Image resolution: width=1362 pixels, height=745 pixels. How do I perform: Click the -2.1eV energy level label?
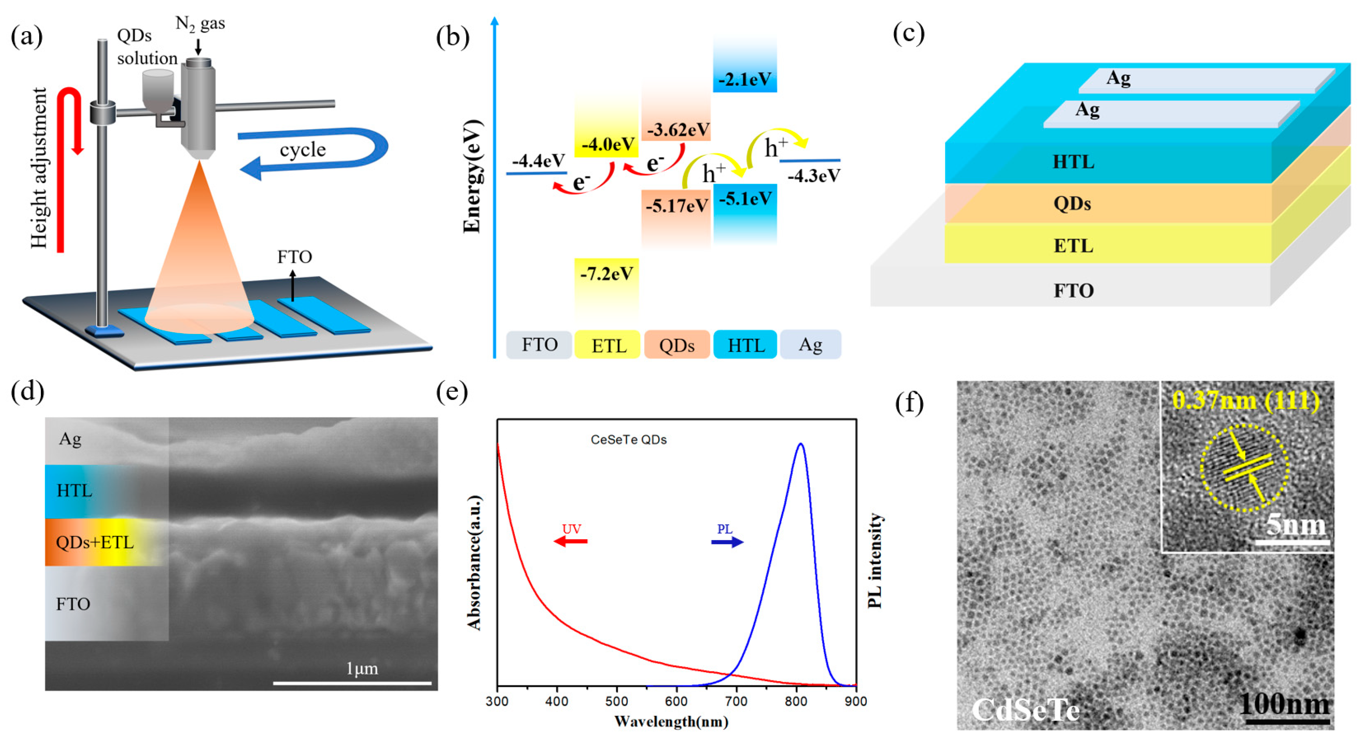744,79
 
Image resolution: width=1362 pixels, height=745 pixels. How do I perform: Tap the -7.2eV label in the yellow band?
607,274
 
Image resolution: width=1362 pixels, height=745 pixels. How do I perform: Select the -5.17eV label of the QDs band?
676,205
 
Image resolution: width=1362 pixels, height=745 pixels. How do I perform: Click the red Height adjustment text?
38,168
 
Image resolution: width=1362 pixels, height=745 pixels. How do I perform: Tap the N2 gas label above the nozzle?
200,23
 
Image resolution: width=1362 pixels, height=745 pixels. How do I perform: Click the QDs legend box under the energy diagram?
676,345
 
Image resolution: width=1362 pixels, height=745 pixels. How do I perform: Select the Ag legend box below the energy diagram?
810,344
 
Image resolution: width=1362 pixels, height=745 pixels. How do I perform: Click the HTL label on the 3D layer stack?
1073,162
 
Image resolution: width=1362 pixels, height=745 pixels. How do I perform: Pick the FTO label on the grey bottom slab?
1073,290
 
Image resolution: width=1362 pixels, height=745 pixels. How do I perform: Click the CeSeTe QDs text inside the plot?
628,440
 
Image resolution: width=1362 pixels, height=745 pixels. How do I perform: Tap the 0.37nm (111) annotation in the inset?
1245,401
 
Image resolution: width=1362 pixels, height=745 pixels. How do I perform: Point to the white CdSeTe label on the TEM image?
1025,709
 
